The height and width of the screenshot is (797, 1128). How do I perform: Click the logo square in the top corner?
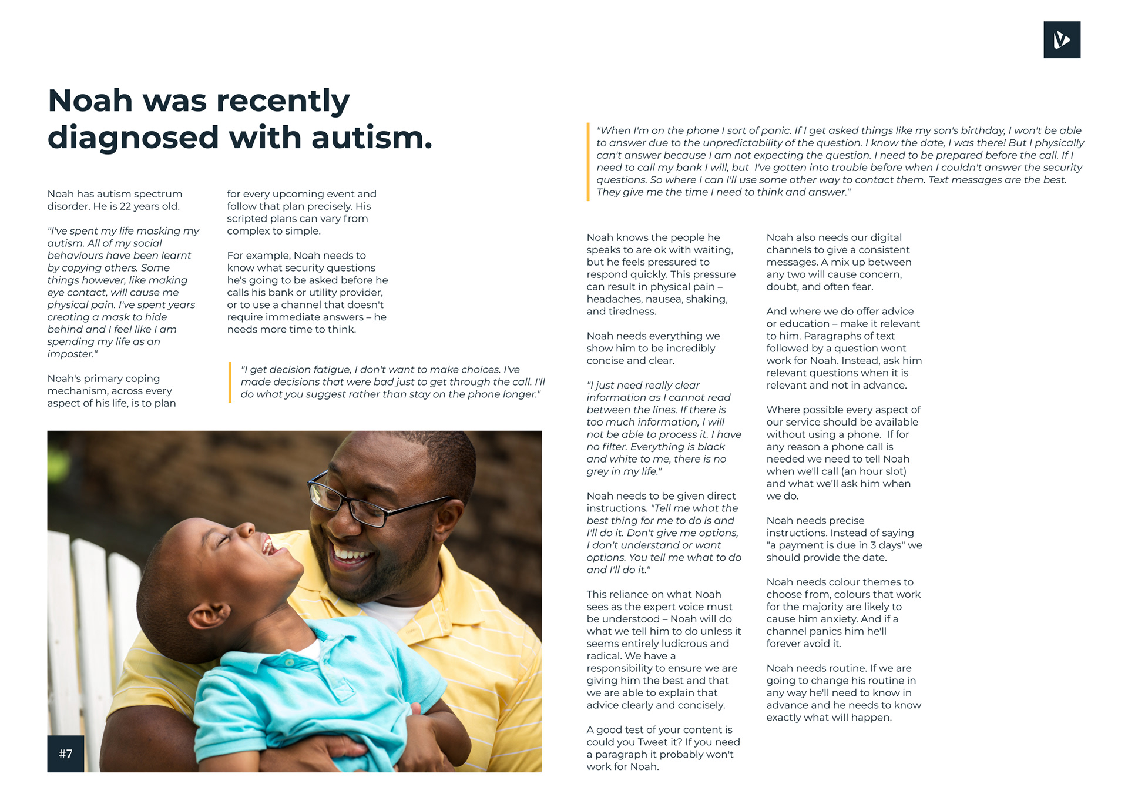(x=1062, y=40)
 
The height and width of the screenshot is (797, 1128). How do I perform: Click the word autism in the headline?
(x=371, y=138)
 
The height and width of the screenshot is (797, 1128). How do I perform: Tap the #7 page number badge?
(x=65, y=754)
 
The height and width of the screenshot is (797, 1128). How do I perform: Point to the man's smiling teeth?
(x=351, y=554)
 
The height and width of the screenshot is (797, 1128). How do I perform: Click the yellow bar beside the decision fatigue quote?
(x=230, y=382)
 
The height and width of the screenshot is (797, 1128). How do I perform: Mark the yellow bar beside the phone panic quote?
(x=588, y=162)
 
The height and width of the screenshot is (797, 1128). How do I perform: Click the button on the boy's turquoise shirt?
(x=289, y=662)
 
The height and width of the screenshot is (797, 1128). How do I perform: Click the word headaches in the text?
(x=614, y=299)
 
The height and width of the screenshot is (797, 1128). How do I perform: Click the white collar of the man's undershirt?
(x=388, y=615)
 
